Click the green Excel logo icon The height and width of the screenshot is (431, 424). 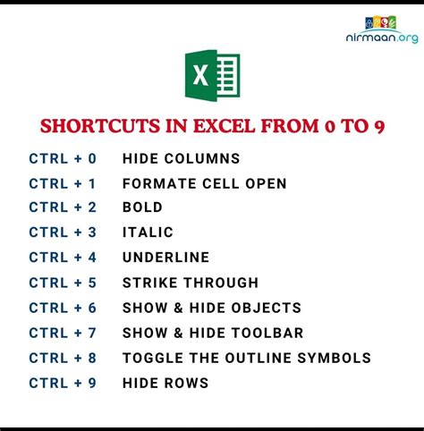tap(212, 75)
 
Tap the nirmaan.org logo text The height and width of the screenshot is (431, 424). tap(381, 39)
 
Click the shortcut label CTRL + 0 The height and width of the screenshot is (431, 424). tap(62, 159)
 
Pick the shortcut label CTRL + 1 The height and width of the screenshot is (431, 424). tap(62, 184)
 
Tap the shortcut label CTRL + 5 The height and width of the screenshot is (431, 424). tap(62, 283)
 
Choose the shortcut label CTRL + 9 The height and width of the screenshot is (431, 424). tap(62, 384)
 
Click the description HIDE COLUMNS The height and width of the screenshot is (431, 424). tap(182, 159)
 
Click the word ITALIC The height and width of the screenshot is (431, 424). tap(148, 232)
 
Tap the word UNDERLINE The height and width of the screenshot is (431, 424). tap(165, 258)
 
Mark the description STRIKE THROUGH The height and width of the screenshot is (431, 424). tap(191, 283)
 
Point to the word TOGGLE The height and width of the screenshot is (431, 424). tap(152, 359)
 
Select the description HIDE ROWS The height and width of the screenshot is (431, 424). tap(165, 384)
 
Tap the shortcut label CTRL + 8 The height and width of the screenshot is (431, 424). tap(62, 359)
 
